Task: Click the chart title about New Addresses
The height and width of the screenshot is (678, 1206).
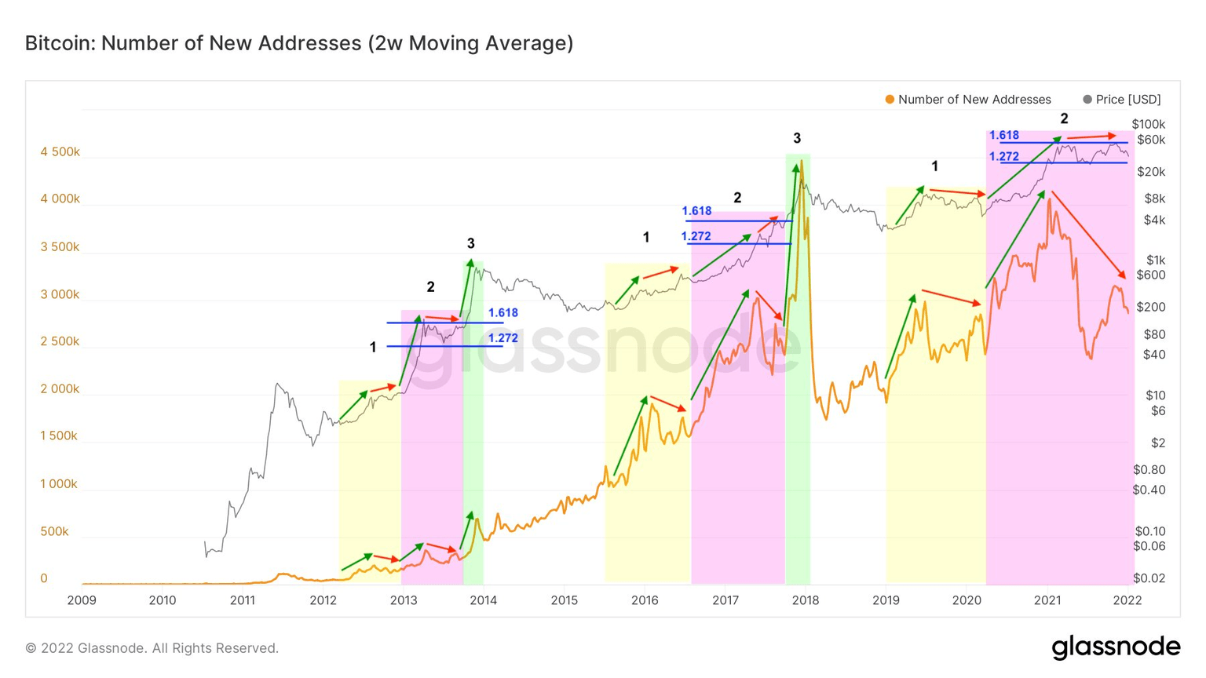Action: pyautogui.click(x=299, y=43)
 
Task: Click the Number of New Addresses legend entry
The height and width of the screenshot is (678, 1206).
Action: pyautogui.click(x=973, y=100)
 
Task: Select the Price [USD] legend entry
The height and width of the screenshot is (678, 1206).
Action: pyautogui.click(x=1127, y=100)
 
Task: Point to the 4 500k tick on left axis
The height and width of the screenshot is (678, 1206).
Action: pyautogui.click(x=60, y=151)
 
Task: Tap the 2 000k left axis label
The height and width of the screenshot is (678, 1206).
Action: pyautogui.click(x=60, y=389)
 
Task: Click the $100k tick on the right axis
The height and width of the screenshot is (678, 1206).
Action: pyautogui.click(x=1148, y=124)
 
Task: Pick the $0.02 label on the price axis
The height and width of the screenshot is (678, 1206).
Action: pyautogui.click(x=1149, y=578)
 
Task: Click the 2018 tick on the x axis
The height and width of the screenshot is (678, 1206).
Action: pyautogui.click(x=806, y=600)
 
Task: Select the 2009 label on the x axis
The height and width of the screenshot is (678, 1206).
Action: pyautogui.click(x=82, y=600)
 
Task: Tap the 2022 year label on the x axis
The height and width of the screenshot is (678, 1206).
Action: pyautogui.click(x=1127, y=600)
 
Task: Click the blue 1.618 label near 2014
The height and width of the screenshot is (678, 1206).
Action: pyautogui.click(x=502, y=312)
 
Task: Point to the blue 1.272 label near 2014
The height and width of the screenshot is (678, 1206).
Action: pyautogui.click(x=502, y=338)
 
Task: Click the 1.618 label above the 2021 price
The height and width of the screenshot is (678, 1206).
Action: pyautogui.click(x=1003, y=135)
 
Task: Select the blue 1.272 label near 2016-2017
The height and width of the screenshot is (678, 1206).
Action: pyautogui.click(x=696, y=236)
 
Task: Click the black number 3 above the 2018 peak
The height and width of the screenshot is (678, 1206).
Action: pyautogui.click(x=796, y=139)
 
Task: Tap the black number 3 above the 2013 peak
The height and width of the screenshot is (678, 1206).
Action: pyautogui.click(x=470, y=243)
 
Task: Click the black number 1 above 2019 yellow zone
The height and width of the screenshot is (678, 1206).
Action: pyautogui.click(x=934, y=166)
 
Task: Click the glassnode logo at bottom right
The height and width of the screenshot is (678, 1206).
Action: pyautogui.click(x=1115, y=647)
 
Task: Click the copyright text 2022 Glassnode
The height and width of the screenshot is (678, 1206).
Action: pyautogui.click(x=152, y=648)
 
